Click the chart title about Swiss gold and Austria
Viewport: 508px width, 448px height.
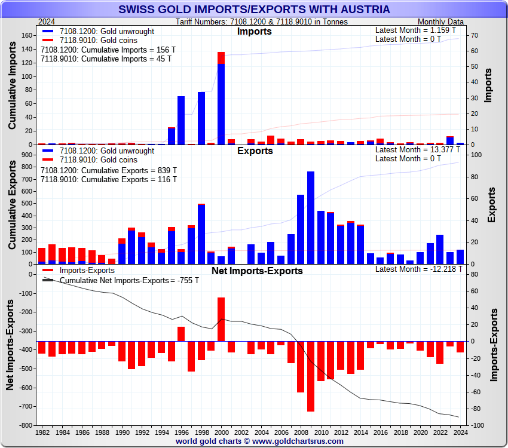[254, 10]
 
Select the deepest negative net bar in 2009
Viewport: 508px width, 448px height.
[311, 376]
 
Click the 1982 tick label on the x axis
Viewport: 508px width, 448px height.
[42, 431]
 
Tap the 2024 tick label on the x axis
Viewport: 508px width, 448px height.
[460, 431]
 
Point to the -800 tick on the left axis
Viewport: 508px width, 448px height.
[25, 425]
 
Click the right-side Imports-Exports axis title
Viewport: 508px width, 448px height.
[494, 345]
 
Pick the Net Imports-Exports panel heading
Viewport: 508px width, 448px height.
[257, 271]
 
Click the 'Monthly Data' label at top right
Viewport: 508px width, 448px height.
[439, 22]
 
